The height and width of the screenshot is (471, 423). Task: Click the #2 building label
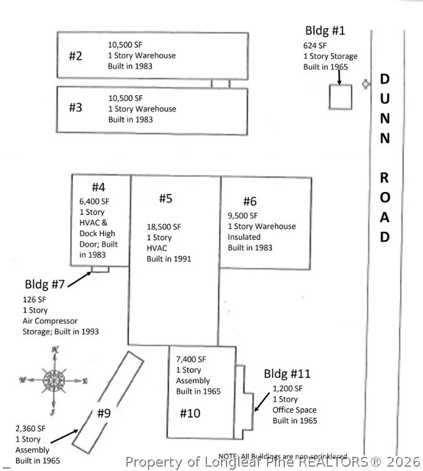pos(76,56)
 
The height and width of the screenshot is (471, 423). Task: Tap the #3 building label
pos(76,107)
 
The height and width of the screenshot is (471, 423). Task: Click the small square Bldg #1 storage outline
pos(341,97)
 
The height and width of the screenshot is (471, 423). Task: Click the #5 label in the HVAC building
pos(166,198)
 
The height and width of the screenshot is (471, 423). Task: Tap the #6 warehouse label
pos(250,201)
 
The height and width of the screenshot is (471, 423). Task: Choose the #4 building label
pos(99,187)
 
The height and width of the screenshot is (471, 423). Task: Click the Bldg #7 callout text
pos(45,285)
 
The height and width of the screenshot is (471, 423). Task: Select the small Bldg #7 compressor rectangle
pos(99,269)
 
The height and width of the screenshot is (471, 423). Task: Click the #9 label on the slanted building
pos(104,413)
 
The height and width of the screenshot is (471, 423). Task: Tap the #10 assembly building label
pos(190,413)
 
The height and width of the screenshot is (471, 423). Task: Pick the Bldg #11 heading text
pos(287,373)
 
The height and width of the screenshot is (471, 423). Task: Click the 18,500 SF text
pos(164,226)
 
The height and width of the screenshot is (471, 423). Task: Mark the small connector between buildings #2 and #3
pos(220,83)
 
